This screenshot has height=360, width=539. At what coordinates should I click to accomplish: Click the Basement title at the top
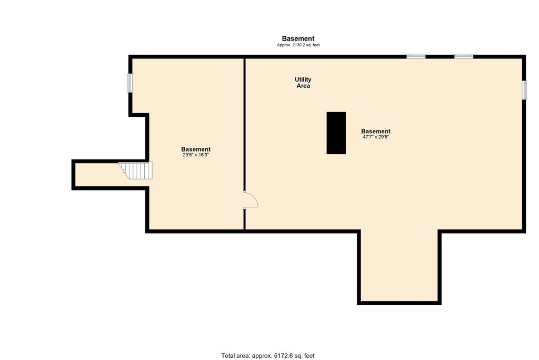298,38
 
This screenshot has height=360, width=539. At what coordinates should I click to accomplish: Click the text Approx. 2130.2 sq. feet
298,45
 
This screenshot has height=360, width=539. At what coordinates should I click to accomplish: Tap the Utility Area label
303,83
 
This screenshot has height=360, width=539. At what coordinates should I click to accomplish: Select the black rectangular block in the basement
336,133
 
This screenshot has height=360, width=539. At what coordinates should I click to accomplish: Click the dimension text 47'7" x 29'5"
376,137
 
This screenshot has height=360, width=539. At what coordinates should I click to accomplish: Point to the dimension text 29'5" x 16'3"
196,155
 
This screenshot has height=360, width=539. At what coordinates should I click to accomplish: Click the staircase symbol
136,171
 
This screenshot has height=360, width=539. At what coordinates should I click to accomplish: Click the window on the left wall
129,83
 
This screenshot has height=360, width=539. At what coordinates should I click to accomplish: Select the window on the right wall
524,90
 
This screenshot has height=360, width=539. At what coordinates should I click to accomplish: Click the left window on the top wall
416,56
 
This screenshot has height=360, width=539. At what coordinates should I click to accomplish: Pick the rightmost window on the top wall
464,56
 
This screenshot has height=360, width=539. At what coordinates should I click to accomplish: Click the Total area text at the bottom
268,356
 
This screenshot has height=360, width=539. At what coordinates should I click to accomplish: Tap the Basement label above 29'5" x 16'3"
196,149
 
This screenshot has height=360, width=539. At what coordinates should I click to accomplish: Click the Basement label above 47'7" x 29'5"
376,131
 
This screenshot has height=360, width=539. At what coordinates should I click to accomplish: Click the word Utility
303,79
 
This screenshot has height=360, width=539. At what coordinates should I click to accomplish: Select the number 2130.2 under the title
299,45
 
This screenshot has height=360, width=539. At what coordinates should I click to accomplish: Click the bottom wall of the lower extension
399,303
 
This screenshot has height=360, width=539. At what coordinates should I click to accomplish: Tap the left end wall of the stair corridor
73,175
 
